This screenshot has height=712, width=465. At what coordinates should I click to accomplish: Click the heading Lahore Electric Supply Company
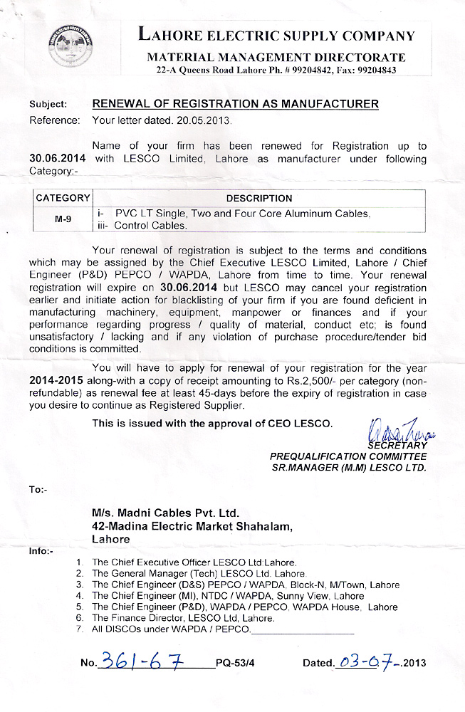(276, 35)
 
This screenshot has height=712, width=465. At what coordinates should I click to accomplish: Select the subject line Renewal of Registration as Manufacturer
(235, 104)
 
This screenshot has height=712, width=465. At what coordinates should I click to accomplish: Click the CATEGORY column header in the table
(63, 198)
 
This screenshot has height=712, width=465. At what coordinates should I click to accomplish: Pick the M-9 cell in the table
(63, 219)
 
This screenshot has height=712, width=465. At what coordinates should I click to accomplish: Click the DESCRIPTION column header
(258, 198)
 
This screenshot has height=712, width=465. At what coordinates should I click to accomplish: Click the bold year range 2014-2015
(59, 380)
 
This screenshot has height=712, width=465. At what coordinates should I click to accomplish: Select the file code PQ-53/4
(234, 663)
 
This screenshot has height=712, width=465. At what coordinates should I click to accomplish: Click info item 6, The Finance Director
(183, 619)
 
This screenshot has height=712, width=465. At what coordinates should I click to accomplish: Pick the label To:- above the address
(38, 490)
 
